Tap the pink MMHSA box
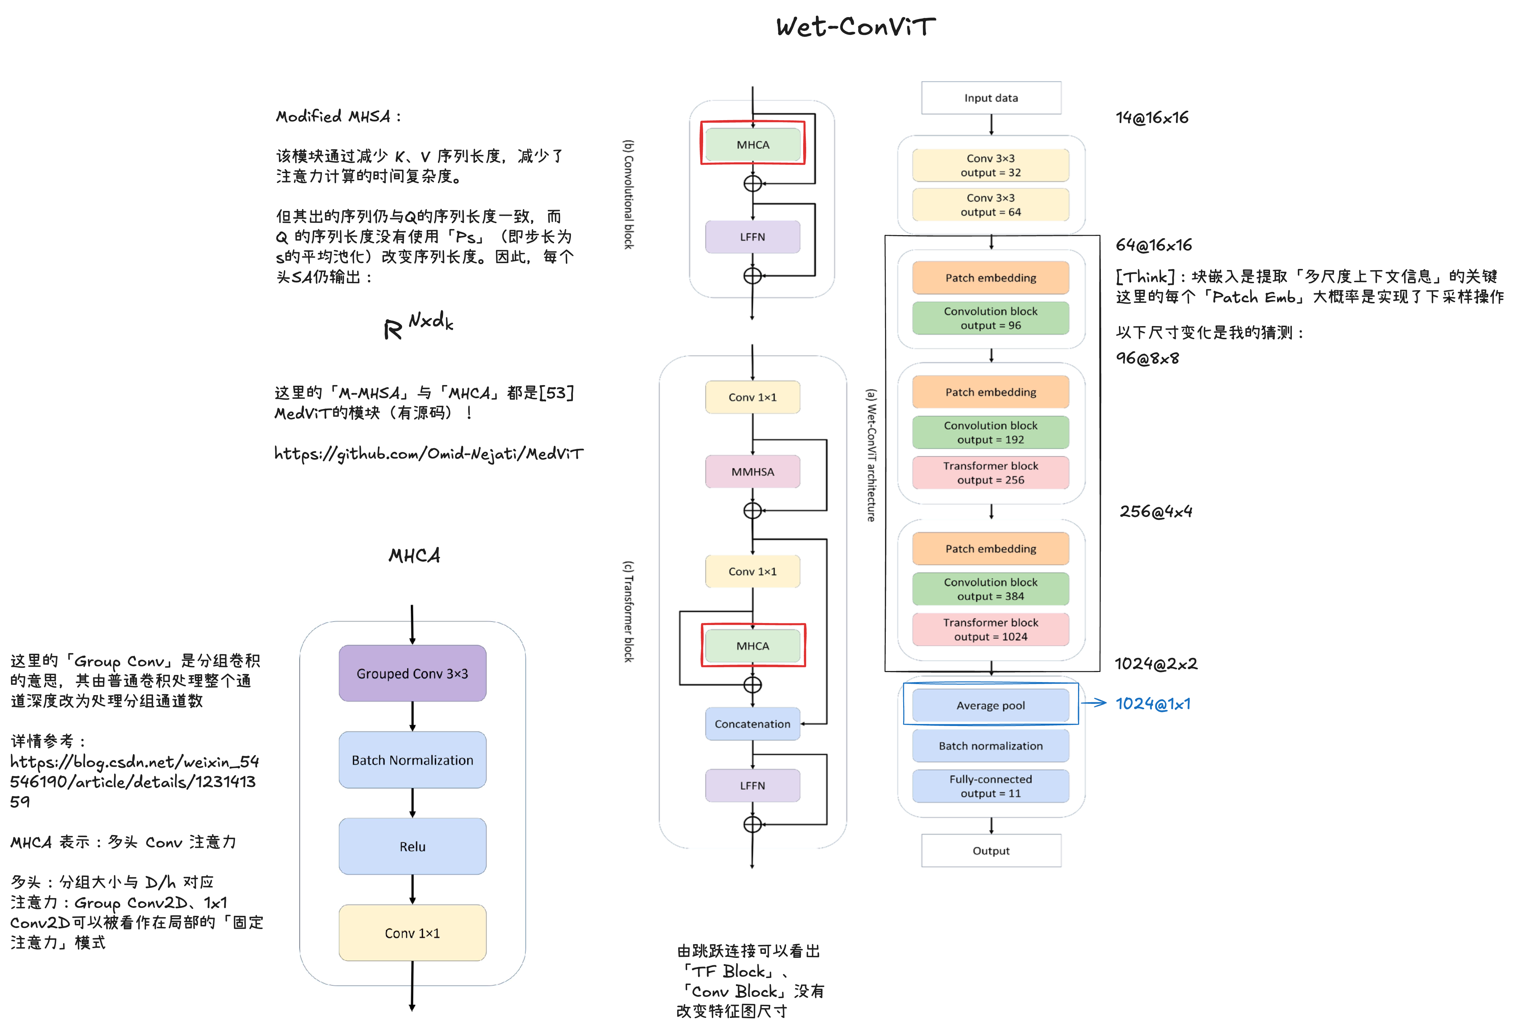click(752, 472)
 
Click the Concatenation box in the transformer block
click(752, 724)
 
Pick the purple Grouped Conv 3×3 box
click(412, 673)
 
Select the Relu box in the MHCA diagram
click(412, 846)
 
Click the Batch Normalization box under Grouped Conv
click(412, 760)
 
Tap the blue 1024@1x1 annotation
click(1153, 704)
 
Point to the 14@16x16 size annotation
click(1152, 118)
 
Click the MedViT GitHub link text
click(428, 454)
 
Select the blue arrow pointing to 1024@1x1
click(1094, 703)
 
